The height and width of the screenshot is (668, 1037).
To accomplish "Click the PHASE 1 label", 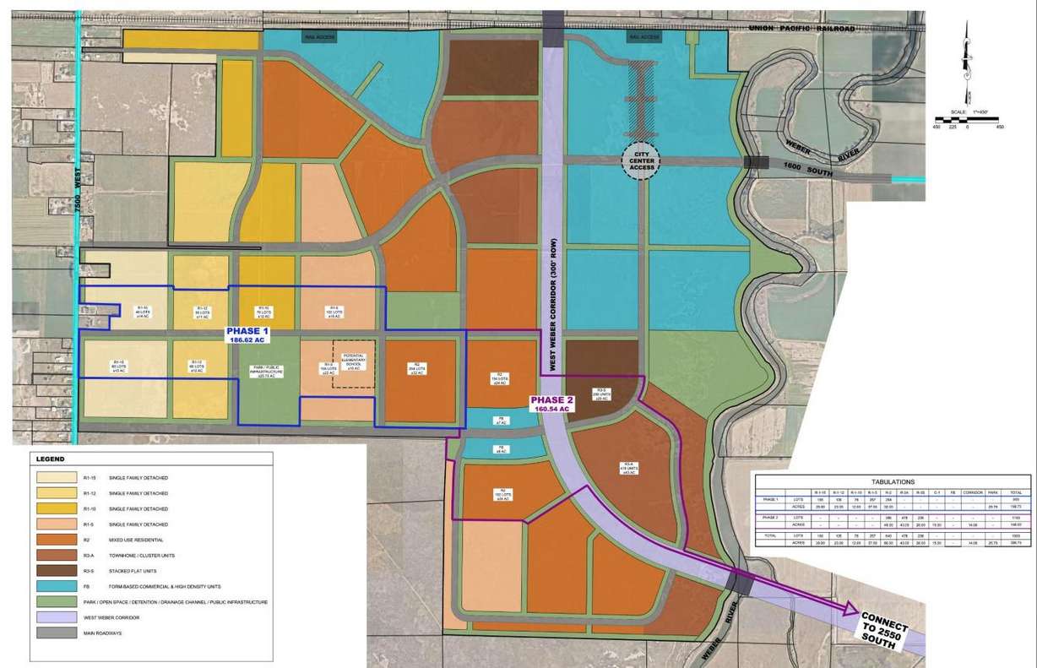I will (x=247, y=335).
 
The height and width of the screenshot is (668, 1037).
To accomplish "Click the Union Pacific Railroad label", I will (x=801, y=30).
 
